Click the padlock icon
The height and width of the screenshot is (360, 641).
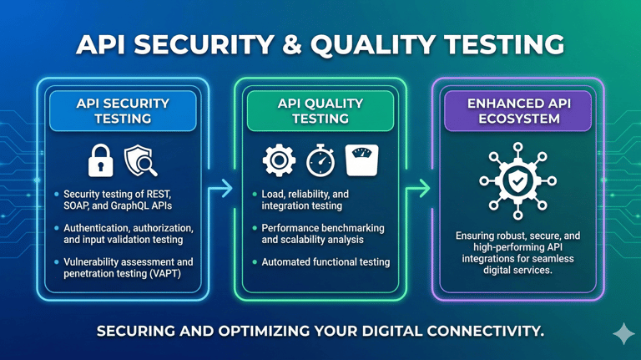pyautogui.click(x=101, y=160)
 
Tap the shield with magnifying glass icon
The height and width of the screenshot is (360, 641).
pyautogui.click(x=141, y=161)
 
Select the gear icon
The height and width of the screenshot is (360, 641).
pyautogui.click(x=279, y=160)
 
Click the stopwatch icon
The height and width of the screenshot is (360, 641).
pyautogui.click(x=320, y=161)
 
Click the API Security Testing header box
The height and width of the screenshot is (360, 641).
pyautogui.click(x=123, y=111)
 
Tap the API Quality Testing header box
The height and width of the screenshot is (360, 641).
pyautogui.click(x=320, y=111)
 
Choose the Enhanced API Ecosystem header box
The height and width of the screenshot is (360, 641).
pyautogui.click(x=517, y=111)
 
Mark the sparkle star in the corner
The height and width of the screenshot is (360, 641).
pyautogui.click(x=623, y=333)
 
